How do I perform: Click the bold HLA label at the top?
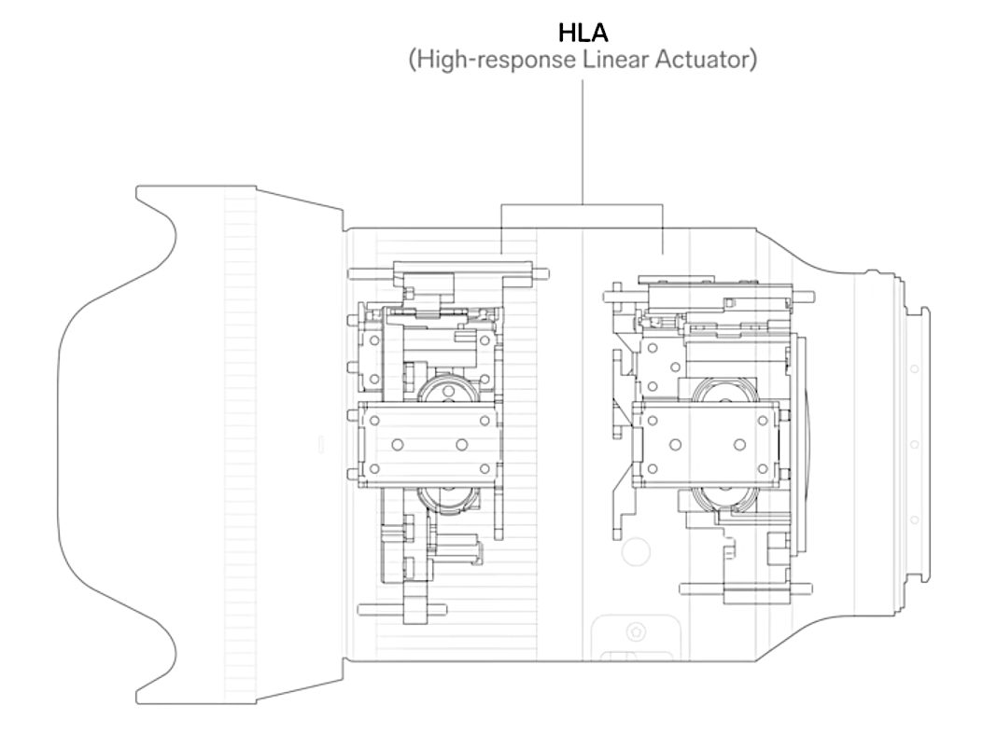pyautogui.click(x=583, y=33)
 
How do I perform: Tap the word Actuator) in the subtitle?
pyautogui.click(x=706, y=60)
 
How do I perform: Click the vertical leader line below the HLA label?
pyautogui.click(x=583, y=142)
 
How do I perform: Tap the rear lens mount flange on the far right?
pyautogui.click(x=918, y=444)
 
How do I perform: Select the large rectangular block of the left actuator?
pyautogui.click(x=428, y=444)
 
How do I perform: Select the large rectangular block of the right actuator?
pyautogui.click(x=707, y=444)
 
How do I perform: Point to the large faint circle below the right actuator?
pyautogui.click(x=636, y=551)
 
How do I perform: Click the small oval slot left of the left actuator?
pyautogui.click(x=322, y=444)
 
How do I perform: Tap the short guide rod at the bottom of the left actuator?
pyautogui.click(x=401, y=609)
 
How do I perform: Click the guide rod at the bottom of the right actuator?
pyautogui.click(x=746, y=589)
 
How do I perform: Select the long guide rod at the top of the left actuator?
pyautogui.click(x=448, y=274)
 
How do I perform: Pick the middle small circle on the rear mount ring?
pyautogui.click(x=915, y=444)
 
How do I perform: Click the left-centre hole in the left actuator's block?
pyautogui.click(x=397, y=445)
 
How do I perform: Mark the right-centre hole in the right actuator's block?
pyautogui.click(x=739, y=445)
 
